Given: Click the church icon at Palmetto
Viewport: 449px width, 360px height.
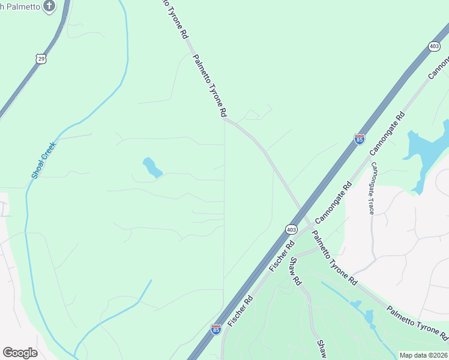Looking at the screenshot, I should tap(50, 7).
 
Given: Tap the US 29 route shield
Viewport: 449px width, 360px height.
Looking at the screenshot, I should tap(40, 58).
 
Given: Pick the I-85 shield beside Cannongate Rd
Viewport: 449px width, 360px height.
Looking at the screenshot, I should tap(360, 139).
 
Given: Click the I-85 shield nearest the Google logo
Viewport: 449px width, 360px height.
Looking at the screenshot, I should tap(216, 329).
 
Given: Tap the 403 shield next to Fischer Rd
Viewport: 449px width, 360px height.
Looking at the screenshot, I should tap(291, 229).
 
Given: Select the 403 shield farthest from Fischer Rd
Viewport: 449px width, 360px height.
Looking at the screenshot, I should tap(435, 46).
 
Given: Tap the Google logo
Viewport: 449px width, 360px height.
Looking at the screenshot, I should tap(20, 353).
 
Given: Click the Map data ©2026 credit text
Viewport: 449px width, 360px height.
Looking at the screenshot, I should tap(424, 355).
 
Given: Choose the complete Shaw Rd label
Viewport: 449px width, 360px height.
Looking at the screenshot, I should tap(295, 271).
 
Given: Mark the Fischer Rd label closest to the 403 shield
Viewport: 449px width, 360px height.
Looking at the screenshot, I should tap(283, 255).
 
